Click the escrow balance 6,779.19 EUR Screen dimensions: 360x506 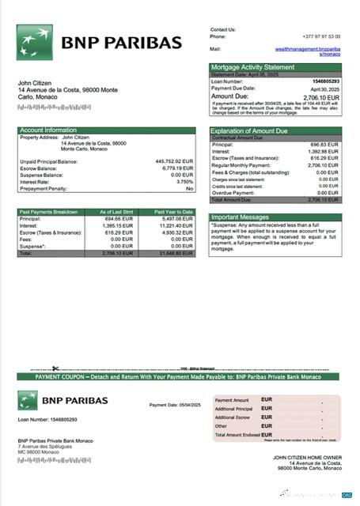pos(176,168)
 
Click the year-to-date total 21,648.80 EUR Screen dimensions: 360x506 pos(175,253)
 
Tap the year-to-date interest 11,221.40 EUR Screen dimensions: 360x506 pos(176,225)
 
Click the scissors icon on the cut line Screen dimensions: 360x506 pos(55,368)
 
